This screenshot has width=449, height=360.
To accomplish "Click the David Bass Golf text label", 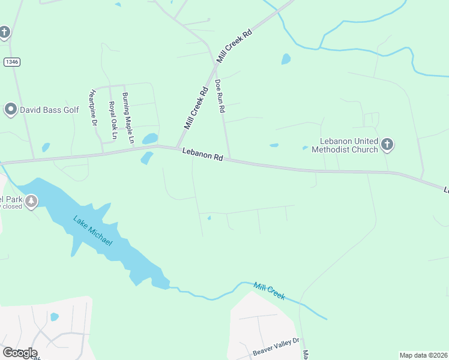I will [x=50, y=110].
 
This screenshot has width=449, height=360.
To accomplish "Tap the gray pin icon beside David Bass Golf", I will [x=10, y=109].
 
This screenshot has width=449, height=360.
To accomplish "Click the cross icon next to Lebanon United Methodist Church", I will [x=387, y=144].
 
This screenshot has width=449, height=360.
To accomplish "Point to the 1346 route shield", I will [x=11, y=62].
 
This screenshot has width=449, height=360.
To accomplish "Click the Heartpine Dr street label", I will [x=93, y=107].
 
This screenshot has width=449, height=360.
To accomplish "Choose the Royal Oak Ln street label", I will [x=112, y=120].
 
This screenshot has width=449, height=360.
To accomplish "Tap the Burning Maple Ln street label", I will [x=127, y=117].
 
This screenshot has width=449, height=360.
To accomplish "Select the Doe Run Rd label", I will [x=220, y=97].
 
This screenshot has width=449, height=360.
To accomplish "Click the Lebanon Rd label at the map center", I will [x=203, y=155].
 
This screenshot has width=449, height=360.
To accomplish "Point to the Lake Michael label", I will [x=92, y=230].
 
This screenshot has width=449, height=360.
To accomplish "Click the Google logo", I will [x=19, y=353].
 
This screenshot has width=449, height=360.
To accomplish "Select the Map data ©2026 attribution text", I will [x=423, y=355].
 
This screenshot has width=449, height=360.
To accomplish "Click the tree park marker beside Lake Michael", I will [x=31, y=201].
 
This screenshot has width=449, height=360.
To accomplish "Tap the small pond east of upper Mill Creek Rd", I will [x=286, y=59].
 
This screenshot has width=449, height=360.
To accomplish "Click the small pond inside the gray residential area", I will [x=55, y=317].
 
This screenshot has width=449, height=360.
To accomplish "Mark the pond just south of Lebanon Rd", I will [x=146, y=158].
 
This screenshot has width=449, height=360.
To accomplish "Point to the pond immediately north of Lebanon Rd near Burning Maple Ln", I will [x=150, y=139].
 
